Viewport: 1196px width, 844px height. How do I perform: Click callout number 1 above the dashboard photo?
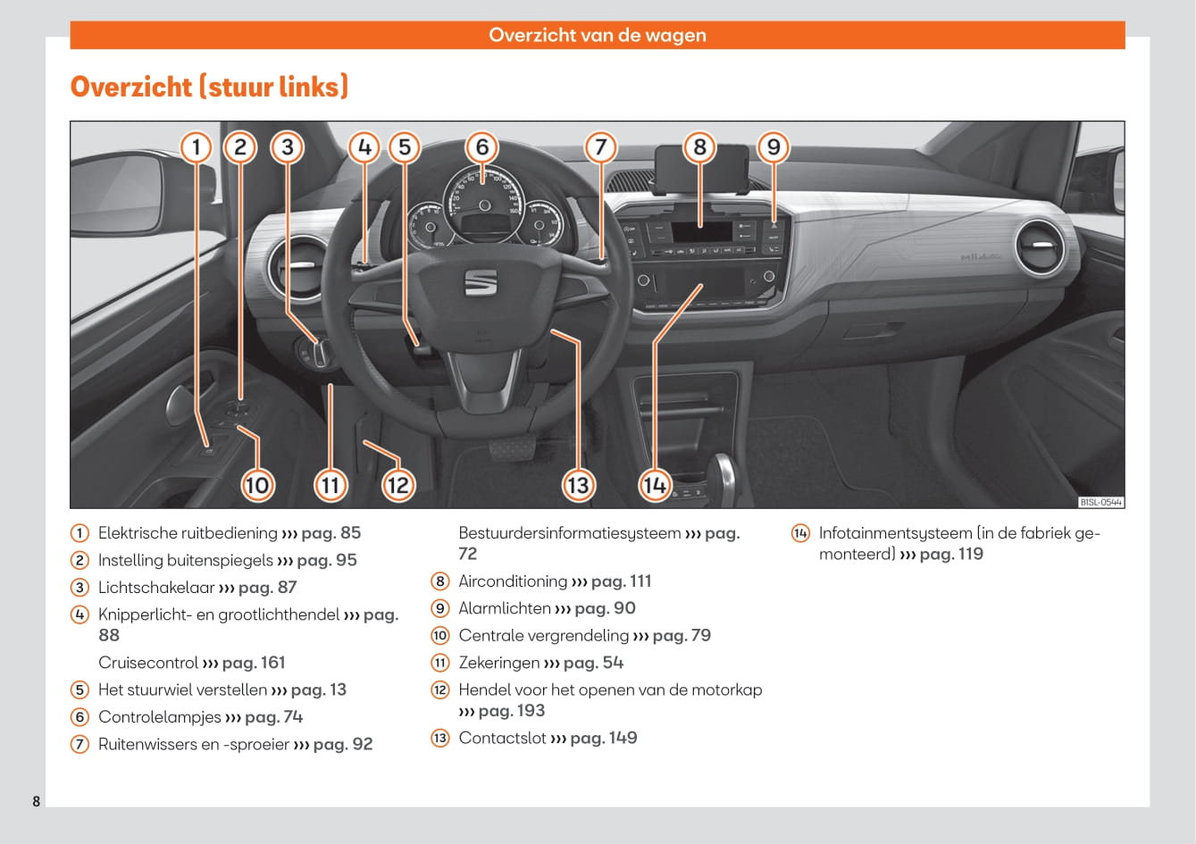197,146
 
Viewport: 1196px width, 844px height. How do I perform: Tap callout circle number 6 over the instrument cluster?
482,146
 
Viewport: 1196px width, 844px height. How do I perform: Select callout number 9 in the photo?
774,146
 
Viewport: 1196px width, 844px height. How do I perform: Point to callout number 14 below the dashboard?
655,485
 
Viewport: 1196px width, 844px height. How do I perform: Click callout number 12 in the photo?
397,485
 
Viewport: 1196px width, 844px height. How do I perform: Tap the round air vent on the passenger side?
1040,246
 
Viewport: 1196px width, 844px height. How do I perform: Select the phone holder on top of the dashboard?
700,170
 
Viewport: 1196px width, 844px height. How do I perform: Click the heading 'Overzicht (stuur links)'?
209,87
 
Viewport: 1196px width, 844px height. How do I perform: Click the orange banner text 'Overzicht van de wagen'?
598,36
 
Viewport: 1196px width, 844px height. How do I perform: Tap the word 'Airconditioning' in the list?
513,581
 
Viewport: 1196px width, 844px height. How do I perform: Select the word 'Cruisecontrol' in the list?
148,663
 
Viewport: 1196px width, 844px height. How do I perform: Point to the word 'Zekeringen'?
499,663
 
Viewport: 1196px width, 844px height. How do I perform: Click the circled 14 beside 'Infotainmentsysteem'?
800,534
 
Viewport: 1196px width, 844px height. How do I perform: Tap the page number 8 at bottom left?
37,801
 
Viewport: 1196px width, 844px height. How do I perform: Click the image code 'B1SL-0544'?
1100,502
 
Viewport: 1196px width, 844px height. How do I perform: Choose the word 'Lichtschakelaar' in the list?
156,588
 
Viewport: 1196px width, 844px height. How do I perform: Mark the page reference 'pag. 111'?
621,581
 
